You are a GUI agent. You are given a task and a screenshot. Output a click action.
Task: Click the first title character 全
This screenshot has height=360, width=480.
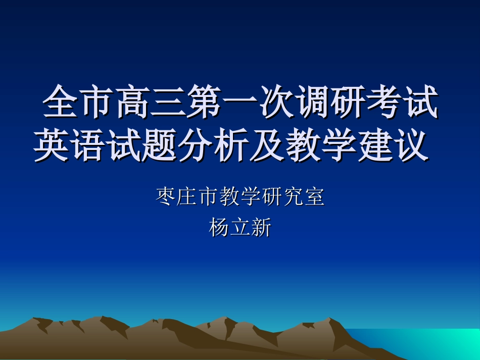pyautogui.click(x=60, y=102)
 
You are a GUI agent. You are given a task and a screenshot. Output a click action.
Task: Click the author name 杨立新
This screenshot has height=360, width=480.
pyautogui.click(x=240, y=228)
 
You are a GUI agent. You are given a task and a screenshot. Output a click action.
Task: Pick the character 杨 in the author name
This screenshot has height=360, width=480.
pyautogui.click(x=219, y=228)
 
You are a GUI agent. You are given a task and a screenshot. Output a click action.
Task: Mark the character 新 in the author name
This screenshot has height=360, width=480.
pyautogui.click(x=261, y=228)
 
